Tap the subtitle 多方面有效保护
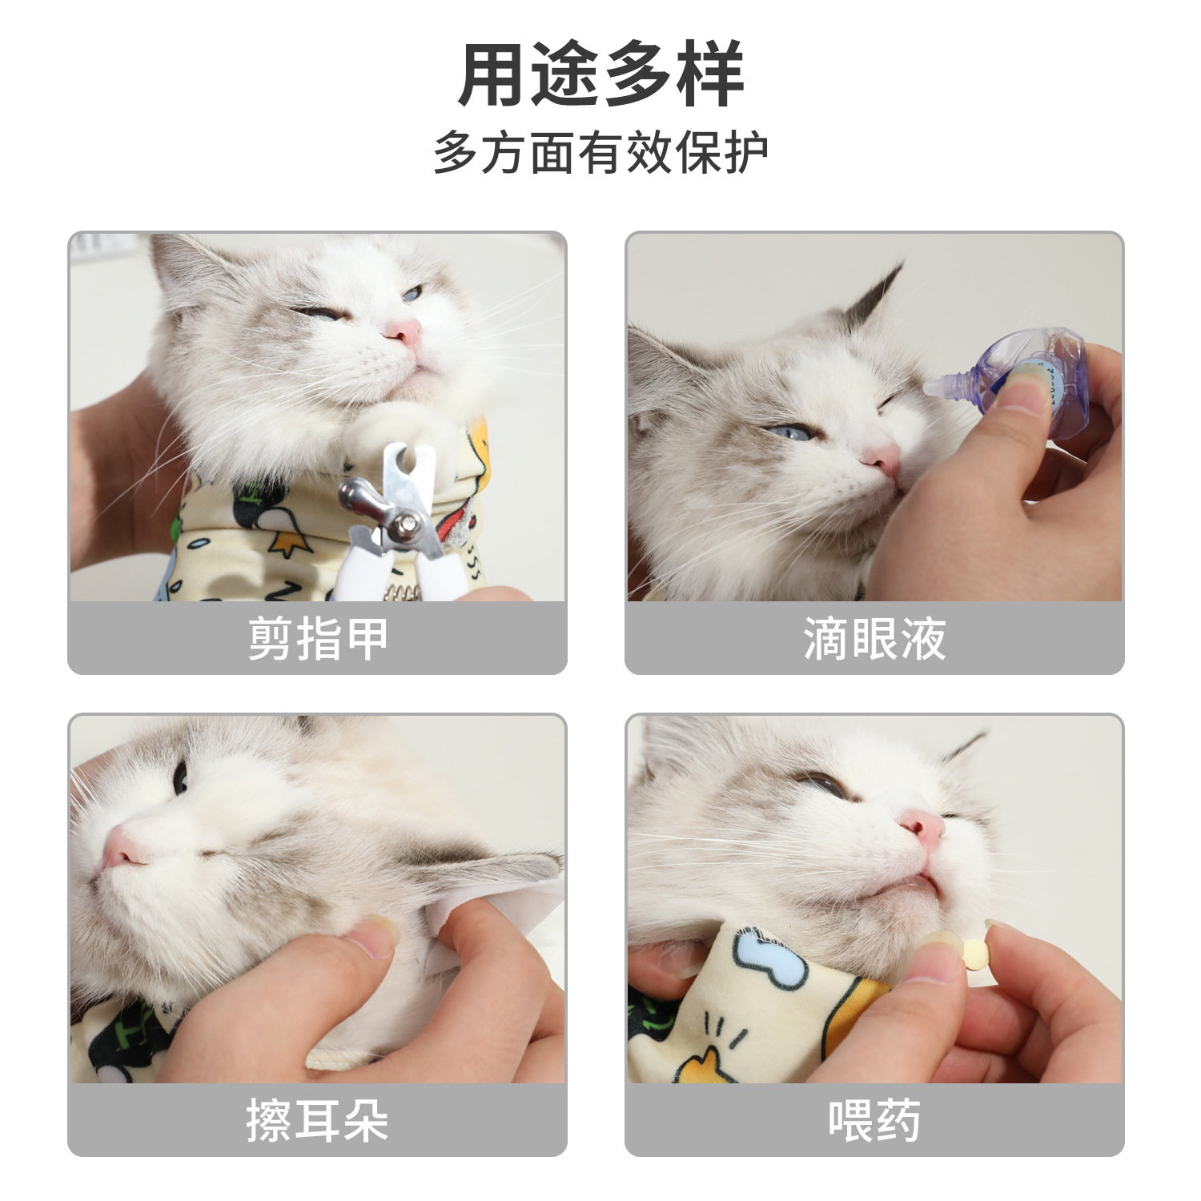point(600,152)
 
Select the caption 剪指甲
point(317,639)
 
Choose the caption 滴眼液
point(874,639)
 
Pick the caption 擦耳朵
point(317,1120)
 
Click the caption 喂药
point(874,1120)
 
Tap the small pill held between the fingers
point(974,954)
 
